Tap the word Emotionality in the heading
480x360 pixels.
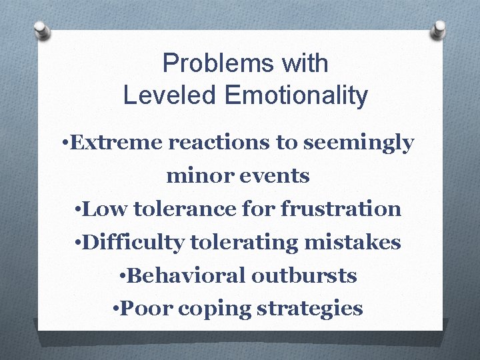click(296, 95)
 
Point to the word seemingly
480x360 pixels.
click(359, 143)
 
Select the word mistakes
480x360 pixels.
click(353, 243)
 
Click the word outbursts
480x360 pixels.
click(307, 275)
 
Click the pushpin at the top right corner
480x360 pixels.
click(439, 29)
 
